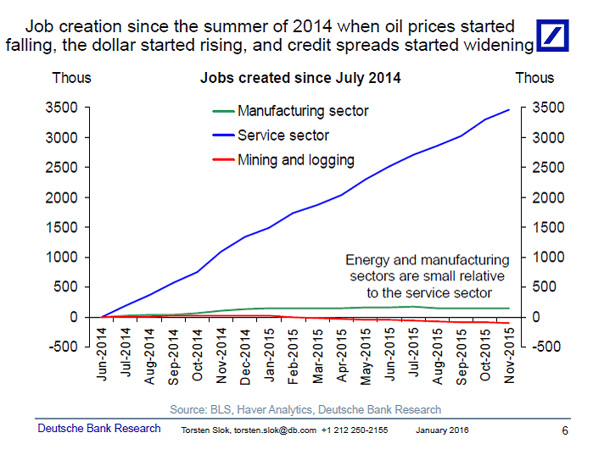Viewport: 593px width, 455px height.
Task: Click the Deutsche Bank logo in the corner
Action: point(560,35)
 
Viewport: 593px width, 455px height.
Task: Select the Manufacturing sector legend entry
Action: point(303,111)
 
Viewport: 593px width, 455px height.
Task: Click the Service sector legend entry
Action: point(283,136)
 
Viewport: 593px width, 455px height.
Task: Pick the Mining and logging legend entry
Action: point(295,159)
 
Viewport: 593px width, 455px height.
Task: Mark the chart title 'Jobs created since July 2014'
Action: point(300,78)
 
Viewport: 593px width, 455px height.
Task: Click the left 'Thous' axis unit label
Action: point(71,78)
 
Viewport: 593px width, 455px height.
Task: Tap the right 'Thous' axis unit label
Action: point(534,78)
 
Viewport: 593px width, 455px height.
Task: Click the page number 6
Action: point(565,430)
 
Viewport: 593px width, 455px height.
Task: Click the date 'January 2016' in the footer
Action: point(442,430)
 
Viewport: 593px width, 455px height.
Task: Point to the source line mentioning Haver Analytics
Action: point(305,409)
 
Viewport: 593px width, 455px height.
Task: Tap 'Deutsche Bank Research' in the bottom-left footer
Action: point(99,429)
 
